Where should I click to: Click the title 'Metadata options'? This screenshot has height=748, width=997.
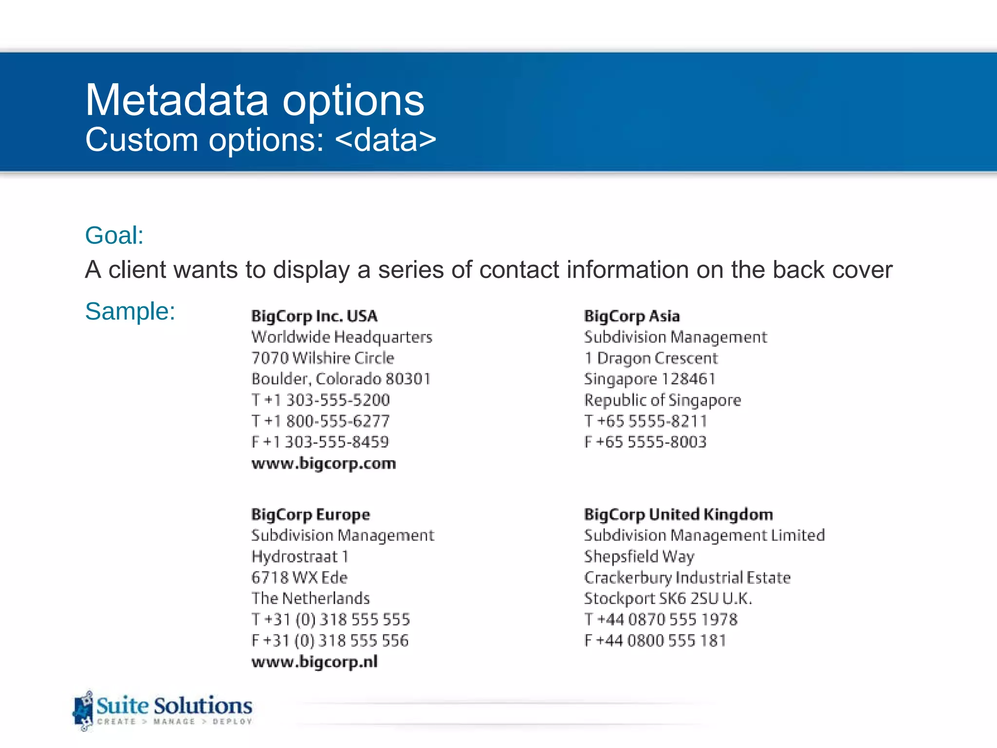pyautogui.click(x=255, y=100)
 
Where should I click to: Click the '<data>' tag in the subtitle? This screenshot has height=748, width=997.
pyautogui.click(x=386, y=140)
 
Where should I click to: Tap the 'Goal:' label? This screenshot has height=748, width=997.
pyautogui.click(x=114, y=236)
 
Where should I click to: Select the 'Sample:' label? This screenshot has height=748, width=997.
pyautogui.click(x=130, y=311)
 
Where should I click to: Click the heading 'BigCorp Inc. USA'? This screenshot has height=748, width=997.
pyautogui.click(x=314, y=317)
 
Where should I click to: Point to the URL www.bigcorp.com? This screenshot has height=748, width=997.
pyautogui.click(x=324, y=463)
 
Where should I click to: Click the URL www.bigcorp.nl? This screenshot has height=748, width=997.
pyautogui.click(x=314, y=662)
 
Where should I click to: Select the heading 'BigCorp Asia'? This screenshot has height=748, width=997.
pyautogui.click(x=631, y=317)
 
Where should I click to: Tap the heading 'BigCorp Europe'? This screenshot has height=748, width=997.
pyautogui.click(x=311, y=515)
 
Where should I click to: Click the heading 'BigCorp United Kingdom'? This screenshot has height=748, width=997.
pyautogui.click(x=678, y=515)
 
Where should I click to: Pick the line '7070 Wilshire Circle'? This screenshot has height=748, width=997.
pyautogui.click(x=323, y=358)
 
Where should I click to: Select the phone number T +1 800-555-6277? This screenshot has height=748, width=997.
pyautogui.click(x=321, y=421)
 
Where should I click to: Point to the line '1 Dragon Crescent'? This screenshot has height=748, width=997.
pyautogui.click(x=651, y=358)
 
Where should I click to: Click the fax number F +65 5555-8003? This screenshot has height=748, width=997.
pyautogui.click(x=645, y=442)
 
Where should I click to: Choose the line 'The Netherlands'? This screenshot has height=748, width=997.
pyautogui.click(x=311, y=598)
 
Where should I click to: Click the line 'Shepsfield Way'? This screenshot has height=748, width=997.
pyautogui.click(x=639, y=557)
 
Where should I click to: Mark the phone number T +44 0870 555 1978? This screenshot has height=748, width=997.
pyautogui.click(x=661, y=620)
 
